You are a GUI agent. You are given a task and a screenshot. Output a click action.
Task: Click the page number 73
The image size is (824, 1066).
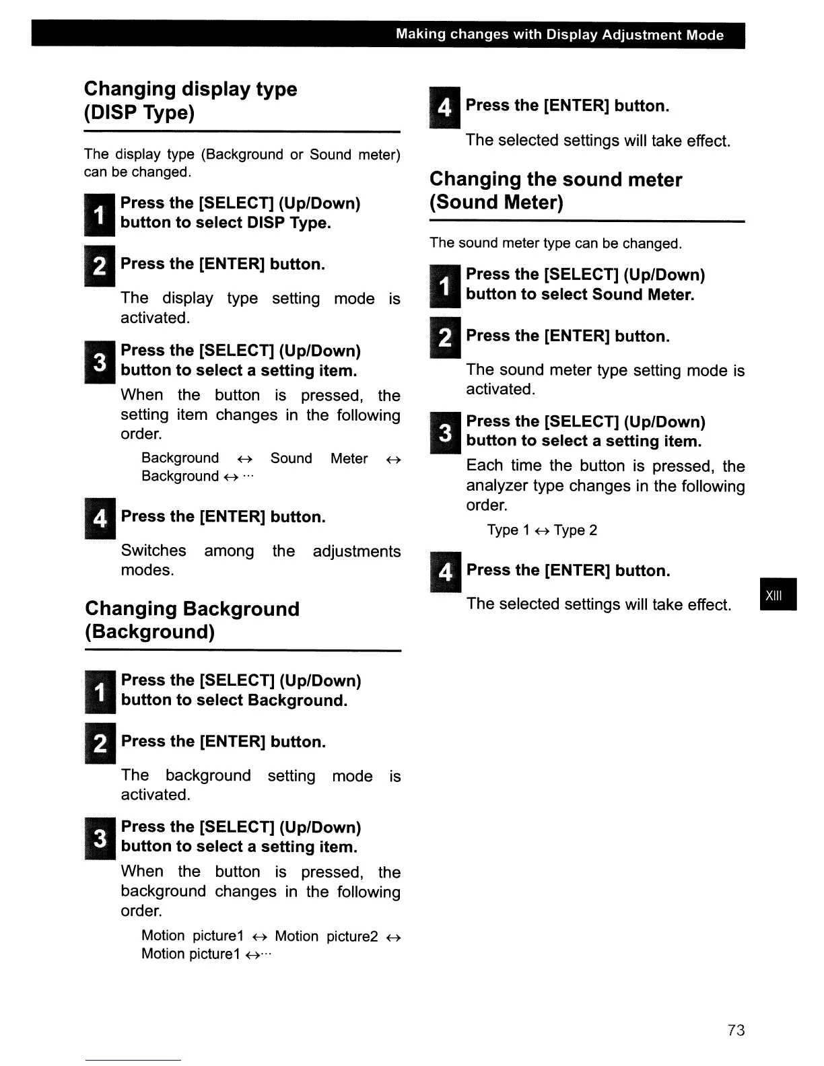click(736, 1030)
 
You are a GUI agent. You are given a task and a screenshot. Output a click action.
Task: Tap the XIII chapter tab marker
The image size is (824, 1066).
click(778, 594)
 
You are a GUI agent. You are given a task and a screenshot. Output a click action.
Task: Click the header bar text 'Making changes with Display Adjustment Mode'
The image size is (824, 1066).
click(559, 35)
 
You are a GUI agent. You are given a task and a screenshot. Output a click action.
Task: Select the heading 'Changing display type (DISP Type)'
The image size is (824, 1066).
click(191, 100)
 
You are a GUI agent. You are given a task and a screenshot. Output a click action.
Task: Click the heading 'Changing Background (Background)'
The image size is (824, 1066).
click(192, 620)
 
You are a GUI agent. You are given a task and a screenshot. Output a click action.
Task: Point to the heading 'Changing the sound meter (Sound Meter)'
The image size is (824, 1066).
click(555, 190)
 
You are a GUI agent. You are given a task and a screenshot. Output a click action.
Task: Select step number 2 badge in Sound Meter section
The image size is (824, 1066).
click(445, 337)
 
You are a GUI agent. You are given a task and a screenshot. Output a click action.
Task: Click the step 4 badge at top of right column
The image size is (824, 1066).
click(444, 107)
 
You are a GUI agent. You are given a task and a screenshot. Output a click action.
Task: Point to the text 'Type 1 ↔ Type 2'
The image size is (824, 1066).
click(542, 530)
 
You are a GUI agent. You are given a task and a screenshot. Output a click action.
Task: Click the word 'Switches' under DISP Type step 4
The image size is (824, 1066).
click(153, 550)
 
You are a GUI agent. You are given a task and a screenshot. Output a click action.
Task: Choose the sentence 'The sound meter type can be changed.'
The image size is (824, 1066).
click(555, 243)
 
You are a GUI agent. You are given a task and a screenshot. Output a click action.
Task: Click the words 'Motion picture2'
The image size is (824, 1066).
click(326, 936)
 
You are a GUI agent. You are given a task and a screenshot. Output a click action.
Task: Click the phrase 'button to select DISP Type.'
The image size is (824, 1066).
click(226, 223)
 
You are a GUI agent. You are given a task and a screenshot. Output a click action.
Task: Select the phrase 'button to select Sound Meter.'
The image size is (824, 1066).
click(580, 295)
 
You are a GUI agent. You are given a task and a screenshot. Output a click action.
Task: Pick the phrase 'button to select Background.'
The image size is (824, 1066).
click(234, 701)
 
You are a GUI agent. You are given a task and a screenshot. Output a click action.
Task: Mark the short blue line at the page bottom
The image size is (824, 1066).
click(133, 1060)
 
